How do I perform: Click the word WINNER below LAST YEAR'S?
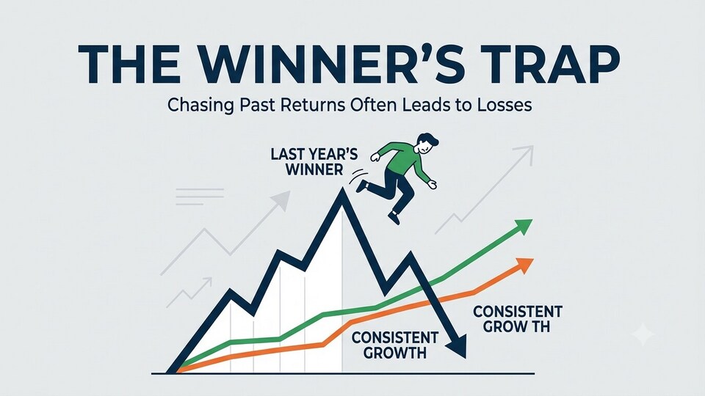314,169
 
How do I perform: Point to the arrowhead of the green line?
524,227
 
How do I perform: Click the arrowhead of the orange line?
524,265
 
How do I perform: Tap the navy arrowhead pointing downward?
458,348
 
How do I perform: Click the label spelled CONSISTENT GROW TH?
518,319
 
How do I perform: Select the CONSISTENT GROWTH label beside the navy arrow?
395,345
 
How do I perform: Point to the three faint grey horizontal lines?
200,197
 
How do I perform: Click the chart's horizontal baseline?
343,373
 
